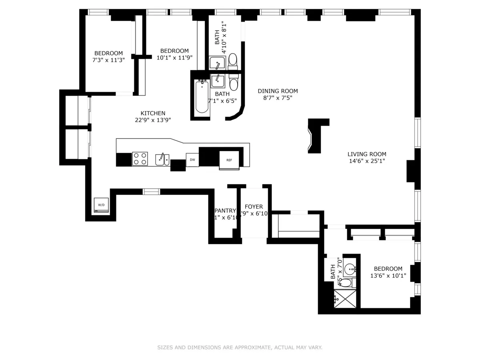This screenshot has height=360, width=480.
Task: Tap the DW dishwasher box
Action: pyautogui.click(x=192, y=160)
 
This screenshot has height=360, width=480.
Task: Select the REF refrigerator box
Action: pyautogui.click(x=229, y=160)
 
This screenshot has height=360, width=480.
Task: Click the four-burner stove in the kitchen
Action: pyautogui.click(x=140, y=159)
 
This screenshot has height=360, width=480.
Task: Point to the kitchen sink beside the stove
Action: pyautogui.click(x=162, y=159)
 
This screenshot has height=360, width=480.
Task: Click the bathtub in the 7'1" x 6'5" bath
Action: pyautogui.click(x=202, y=97)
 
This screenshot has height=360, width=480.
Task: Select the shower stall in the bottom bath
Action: pyautogui.click(x=344, y=299)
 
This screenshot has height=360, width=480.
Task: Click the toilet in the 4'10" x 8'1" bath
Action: pyautogui.click(x=233, y=61)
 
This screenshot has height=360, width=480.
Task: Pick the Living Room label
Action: pyautogui.click(x=367, y=154)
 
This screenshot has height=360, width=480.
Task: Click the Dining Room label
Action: pyautogui.click(x=278, y=91)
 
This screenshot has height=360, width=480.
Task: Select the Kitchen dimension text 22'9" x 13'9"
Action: pyautogui.click(x=153, y=120)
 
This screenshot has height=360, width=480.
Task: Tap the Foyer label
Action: pyautogui.click(x=254, y=206)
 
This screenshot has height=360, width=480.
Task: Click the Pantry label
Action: pyautogui.click(x=226, y=210)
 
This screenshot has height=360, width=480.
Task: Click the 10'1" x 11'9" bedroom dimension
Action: pyautogui.click(x=174, y=57)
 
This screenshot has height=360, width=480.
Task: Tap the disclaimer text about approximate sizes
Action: pyautogui.click(x=240, y=348)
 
